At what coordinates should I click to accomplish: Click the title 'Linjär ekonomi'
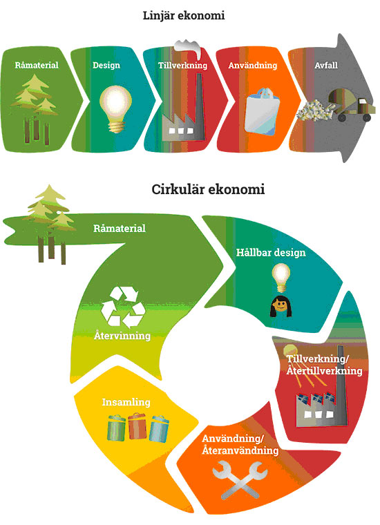184,16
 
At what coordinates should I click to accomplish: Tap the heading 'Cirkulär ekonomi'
208,189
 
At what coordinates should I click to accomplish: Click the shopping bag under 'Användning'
262,111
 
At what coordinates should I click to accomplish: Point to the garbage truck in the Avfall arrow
351,106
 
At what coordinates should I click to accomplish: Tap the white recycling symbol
123,307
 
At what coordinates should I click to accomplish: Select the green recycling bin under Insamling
117,428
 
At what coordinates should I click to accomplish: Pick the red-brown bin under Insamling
137,426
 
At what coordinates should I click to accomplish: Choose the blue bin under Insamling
159,429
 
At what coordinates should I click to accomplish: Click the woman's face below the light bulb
281,306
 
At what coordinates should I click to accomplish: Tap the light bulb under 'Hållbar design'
281,278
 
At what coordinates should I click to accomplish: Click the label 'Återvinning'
122,336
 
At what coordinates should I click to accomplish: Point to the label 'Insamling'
126,402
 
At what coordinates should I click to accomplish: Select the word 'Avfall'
326,66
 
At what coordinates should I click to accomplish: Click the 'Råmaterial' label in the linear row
37,65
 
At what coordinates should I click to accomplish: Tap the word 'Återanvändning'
240,450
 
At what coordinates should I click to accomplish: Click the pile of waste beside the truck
314,110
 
